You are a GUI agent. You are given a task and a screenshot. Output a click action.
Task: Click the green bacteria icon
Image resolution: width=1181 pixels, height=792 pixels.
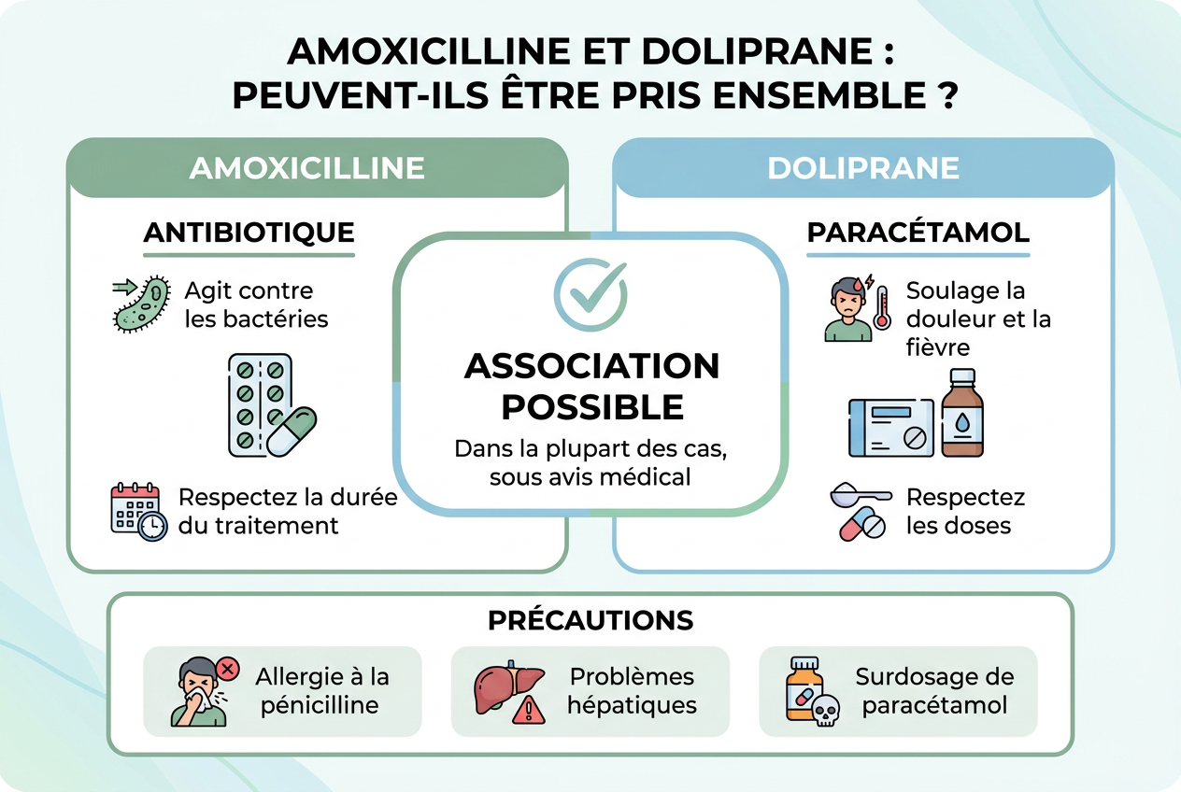(142, 304)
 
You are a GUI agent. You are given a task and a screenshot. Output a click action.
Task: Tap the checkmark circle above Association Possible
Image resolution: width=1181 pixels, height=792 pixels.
(590, 294)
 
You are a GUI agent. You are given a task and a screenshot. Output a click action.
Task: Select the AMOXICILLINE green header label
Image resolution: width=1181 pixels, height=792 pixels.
(306, 168)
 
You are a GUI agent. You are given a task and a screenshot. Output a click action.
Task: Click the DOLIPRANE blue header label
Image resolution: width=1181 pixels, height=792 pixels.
(863, 168)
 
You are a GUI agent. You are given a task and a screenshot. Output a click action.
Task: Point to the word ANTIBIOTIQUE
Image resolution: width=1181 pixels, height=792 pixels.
(249, 233)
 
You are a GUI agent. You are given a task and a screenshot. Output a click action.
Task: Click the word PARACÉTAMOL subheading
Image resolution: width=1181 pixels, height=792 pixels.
(918, 233)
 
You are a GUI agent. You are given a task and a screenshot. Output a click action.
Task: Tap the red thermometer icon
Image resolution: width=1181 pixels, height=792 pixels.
(882, 308)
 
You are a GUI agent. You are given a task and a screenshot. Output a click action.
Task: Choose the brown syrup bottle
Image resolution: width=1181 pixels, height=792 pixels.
(962, 413)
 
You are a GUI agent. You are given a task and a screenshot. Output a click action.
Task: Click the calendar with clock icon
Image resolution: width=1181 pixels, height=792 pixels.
(138, 512)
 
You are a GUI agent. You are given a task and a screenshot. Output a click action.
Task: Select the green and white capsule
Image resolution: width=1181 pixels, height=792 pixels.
(292, 431)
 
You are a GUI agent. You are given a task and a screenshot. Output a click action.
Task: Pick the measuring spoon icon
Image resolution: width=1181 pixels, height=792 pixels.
(861, 495)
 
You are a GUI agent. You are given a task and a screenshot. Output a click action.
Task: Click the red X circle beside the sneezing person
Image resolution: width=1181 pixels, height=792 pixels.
(227, 670)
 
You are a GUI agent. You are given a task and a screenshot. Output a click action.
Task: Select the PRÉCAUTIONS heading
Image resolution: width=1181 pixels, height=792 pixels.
(590, 620)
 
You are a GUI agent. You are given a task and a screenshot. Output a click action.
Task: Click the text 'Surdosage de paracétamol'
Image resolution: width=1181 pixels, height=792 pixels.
(934, 691)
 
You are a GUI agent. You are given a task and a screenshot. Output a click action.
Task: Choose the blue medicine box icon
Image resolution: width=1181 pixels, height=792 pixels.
(891, 428)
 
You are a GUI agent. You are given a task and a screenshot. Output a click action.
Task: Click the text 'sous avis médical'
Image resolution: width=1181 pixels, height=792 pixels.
(590, 477)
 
